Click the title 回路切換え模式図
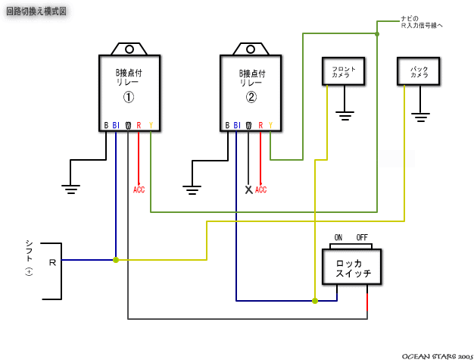(x=36, y=11)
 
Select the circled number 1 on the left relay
(x=129, y=97)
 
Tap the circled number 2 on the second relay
(x=251, y=97)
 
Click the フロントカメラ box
(x=345, y=72)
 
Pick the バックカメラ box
(x=419, y=72)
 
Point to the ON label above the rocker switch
(x=338, y=237)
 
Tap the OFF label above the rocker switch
(x=362, y=237)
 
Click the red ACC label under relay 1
(x=139, y=189)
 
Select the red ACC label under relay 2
(x=260, y=189)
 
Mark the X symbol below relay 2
(x=248, y=189)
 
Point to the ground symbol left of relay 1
(x=71, y=188)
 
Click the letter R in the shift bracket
(x=52, y=261)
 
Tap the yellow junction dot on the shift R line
(x=115, y=260)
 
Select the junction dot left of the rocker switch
(x=315, y=301)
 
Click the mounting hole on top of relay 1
(x=129, y=49)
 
